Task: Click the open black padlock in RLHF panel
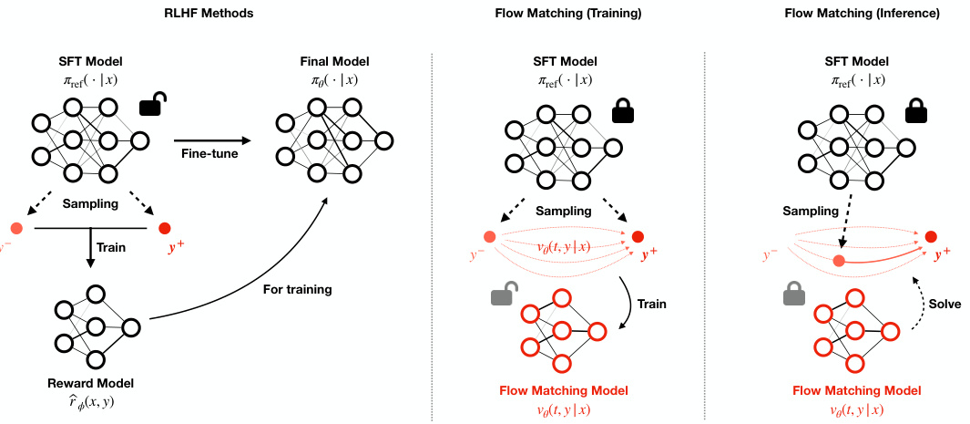pyautogui.click(x=152, y=106)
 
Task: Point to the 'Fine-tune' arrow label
pyautogui.click(x=210, y=154)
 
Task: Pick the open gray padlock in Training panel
pyautogui.click(x=503, y=295)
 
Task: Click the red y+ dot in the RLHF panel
pyautogui.click(x=165, y=228)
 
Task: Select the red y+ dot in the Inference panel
pyautogui.click(x=930, y=237)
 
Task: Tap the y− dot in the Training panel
pyautogui.click(x=489, y=237)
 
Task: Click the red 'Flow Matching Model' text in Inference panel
pyautogui.click(x=851, y=390)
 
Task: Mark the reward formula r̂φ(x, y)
pyautogui.click(x=91, y=400)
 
